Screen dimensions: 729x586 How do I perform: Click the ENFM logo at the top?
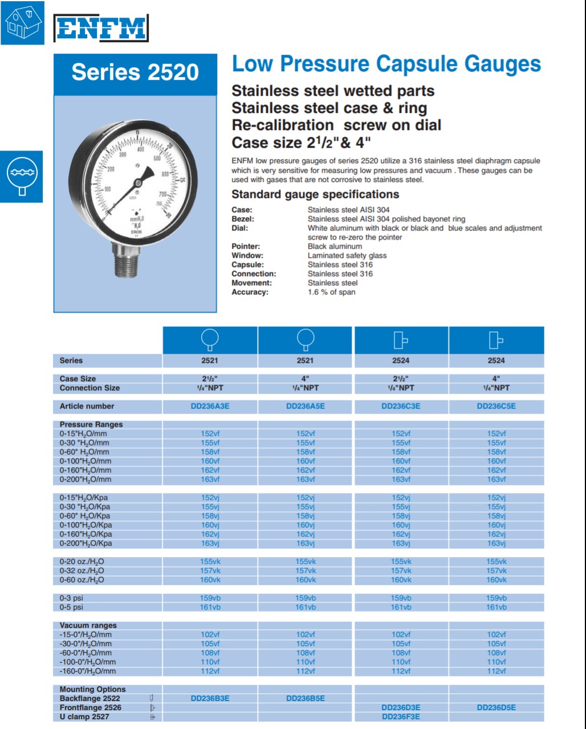(x=101, y=28)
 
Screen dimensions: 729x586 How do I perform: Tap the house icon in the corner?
(x=22, y=23)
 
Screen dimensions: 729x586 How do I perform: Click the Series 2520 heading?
(x=135, y=72)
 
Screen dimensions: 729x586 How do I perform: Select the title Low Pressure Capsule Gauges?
(x=386, y=64)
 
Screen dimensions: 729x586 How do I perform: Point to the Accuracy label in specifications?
(x=250, y=292)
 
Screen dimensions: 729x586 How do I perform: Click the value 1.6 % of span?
(x=331, y=292)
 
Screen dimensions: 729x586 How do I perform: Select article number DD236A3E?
(x=210, y=406)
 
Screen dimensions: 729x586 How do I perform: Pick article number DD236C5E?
(x=496, y=406)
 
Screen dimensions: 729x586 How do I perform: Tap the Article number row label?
(x=87, y=406)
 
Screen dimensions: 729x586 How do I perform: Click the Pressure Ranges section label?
(x=91, y=424)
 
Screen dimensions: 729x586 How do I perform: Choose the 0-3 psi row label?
(x=71, y=598)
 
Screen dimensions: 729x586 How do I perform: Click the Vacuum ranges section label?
(x=88, y=625)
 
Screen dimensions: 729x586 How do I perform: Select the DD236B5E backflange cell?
(x=305, y=698)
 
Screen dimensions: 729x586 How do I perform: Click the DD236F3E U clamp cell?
(x=401, y=716)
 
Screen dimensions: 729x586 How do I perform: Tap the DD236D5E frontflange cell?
(x=496, y=707)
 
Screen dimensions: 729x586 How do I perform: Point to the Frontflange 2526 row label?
(x=90, y=707)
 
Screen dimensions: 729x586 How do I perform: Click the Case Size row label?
(x=78, y=379)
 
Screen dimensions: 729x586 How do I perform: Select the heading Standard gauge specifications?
(x=315, y=195)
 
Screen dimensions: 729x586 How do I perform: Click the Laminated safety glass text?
(x=347, y=256)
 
